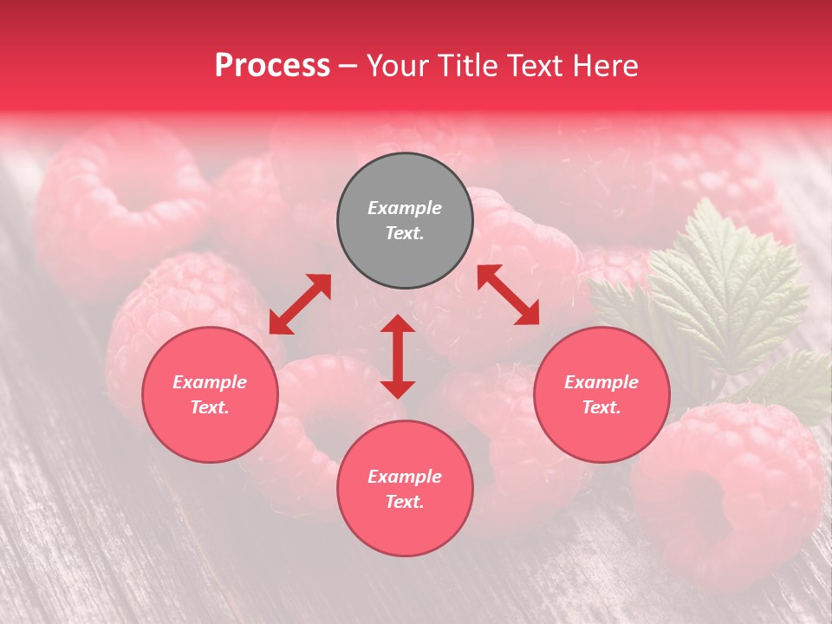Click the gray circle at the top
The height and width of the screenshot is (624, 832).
click(405, 221)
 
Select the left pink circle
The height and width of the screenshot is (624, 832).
click(210, 394)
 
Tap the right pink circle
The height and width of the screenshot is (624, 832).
click(601, 394)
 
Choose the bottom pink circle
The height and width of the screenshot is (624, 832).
click(405, 489)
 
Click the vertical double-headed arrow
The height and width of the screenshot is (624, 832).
click(398, 356)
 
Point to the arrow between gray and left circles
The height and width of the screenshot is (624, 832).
click(300, 304)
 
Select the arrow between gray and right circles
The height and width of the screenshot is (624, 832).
click(508, 295)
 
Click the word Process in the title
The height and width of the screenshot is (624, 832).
click(272, 66)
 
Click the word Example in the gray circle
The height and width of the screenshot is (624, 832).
click(405, 208)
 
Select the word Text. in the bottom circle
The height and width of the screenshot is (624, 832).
click(405, 502)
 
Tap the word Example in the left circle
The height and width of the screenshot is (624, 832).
click(210, 382)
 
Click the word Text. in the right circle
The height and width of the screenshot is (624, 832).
click(601, 407)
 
